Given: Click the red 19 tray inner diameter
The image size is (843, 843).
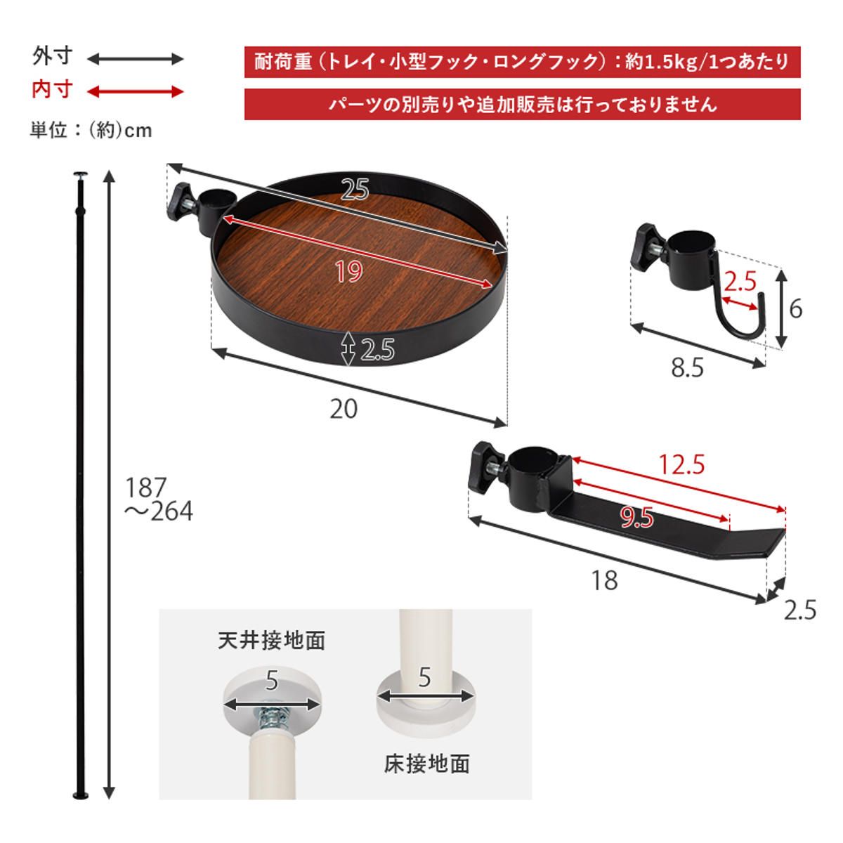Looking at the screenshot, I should tap(348, 271).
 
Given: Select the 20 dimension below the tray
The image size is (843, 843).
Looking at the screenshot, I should tap(344, 409).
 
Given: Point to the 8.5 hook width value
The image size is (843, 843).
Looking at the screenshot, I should tap(686, 367).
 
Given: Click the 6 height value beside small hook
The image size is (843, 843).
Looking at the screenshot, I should tap(795, 308).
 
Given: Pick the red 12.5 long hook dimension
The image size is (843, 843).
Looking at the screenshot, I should tap(681, 464).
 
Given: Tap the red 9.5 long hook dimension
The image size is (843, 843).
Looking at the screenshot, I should tap(637, 518).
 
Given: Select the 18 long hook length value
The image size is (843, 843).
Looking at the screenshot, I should tap(604, 580).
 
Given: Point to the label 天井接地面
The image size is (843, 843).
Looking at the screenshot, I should tap(271, 641).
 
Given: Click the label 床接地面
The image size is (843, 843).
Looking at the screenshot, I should tap(426, 764).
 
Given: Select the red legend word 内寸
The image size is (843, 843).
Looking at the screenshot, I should tap(52, 91).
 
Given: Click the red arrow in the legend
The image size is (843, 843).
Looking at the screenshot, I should tap(135, 91).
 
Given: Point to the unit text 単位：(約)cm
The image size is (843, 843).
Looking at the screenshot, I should tap(91, 131).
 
